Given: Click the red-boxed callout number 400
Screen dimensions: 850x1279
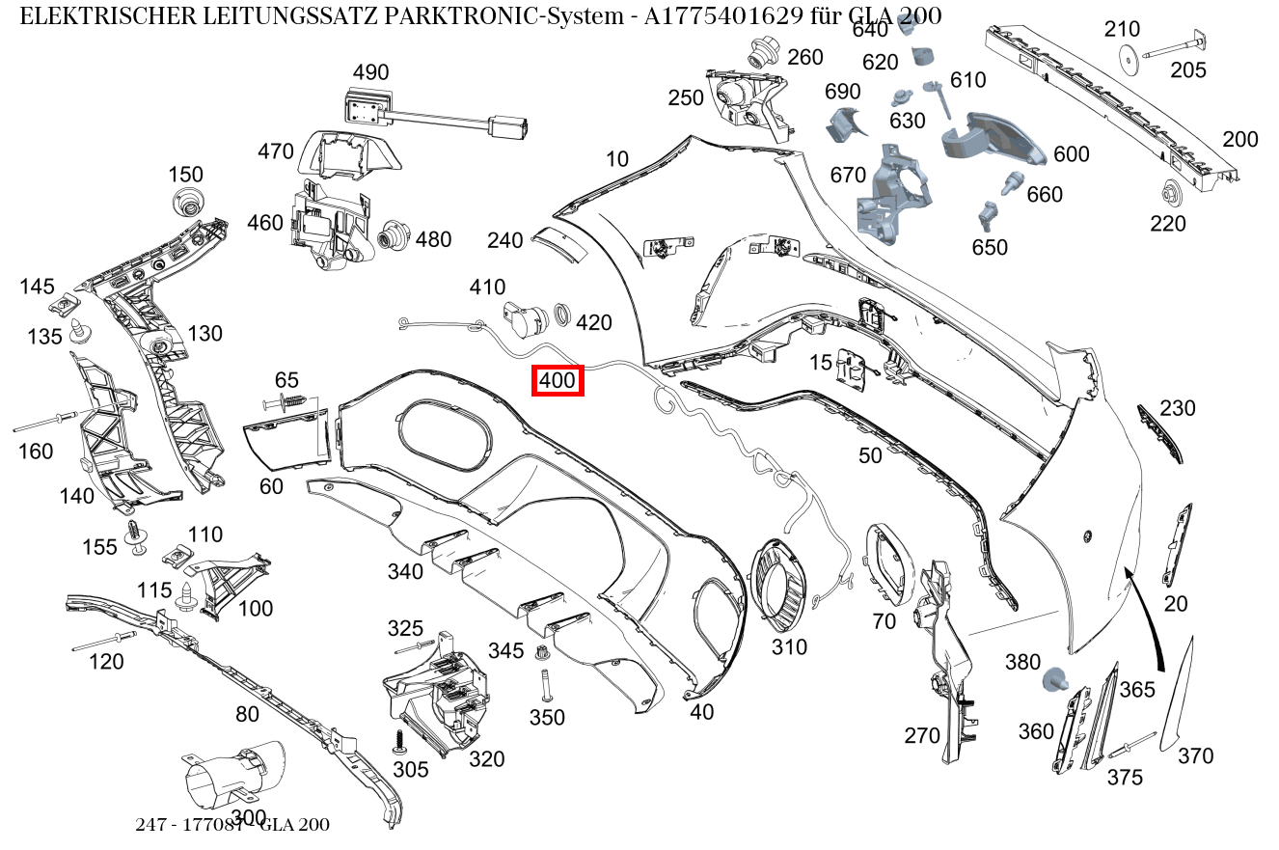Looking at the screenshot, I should [x=558, y=381].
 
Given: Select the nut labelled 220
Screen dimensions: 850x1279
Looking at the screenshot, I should [x=1173, y=194].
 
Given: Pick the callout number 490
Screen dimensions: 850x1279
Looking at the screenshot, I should [x=370, y=72].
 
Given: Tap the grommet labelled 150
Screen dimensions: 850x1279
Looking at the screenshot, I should [x=186, y=204].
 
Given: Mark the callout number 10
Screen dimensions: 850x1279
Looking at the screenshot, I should [x=617, y=159].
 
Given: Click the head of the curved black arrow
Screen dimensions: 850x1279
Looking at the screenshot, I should [x=1129, y=572].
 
